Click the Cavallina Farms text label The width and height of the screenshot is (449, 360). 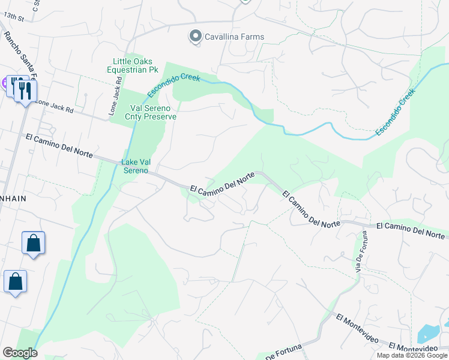tap(235, 37)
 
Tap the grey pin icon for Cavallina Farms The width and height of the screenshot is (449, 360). tap(195, 37)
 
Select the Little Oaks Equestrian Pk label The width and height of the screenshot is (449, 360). tap(133, 65)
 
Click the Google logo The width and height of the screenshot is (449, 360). tap(20, 353)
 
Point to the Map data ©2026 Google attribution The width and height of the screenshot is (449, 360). tap(411, 355)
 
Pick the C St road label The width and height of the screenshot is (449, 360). tap(35, 5)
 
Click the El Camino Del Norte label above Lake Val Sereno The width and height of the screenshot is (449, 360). tap(59, 146)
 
